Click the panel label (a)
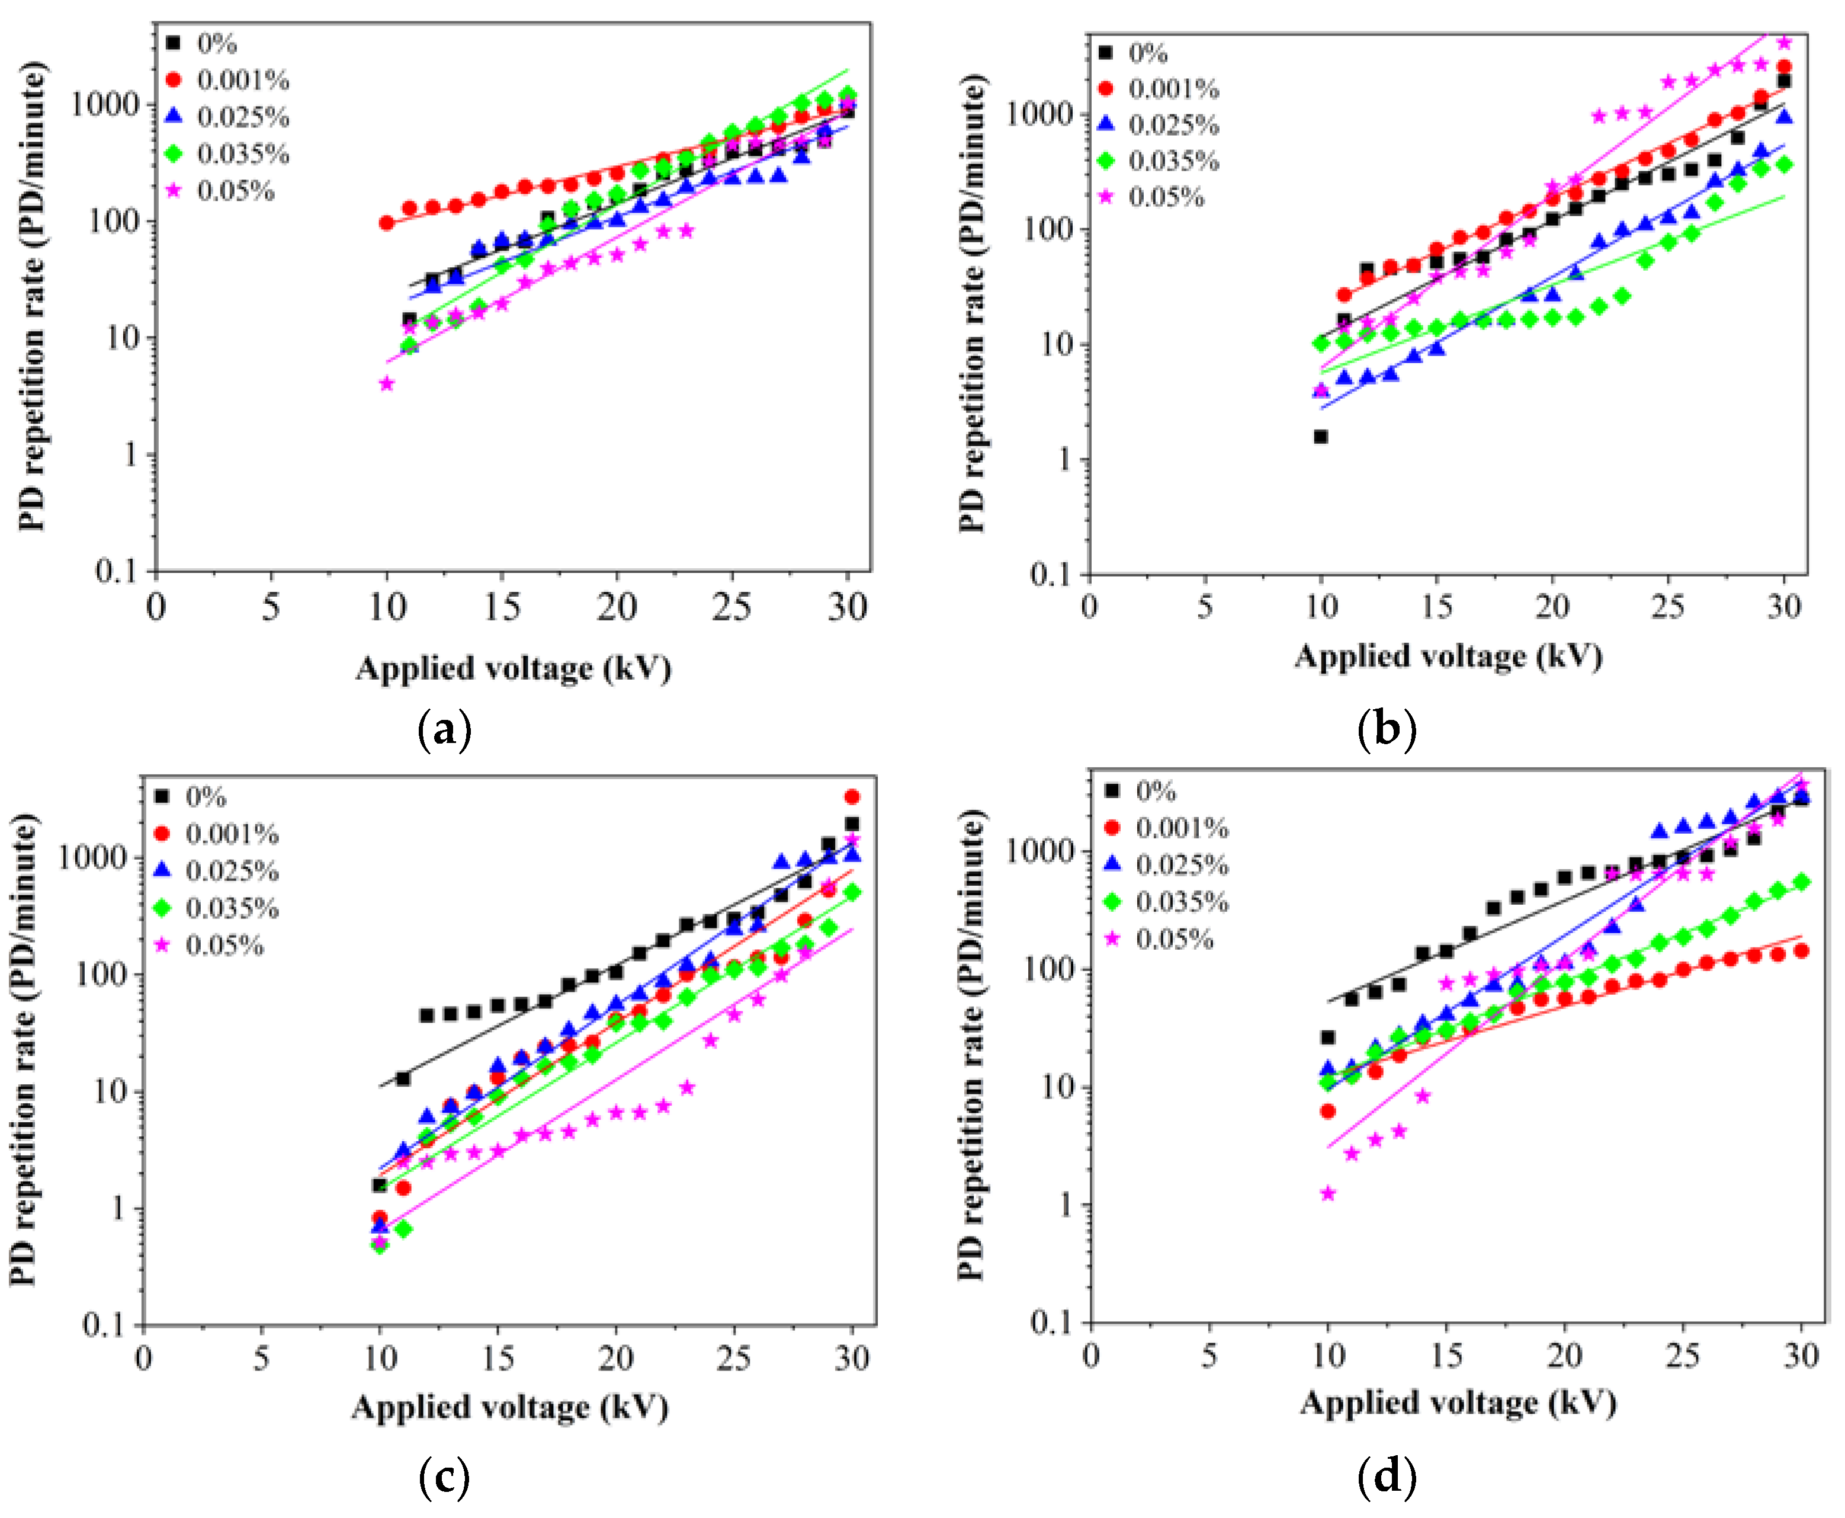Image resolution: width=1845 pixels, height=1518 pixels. tap(445, 728)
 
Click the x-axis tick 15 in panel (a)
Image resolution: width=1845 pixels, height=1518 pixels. tap(502, 607)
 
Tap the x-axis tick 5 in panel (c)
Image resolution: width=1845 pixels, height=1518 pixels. tap(261, 1358)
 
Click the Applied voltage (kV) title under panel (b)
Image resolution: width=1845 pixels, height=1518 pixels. tap(1448, 656)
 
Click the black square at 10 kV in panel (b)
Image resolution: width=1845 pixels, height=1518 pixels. tap(1321, 436)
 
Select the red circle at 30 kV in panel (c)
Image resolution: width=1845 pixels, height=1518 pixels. tap(852, 796)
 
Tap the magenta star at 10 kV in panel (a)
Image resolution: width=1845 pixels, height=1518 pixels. tap(386, 384)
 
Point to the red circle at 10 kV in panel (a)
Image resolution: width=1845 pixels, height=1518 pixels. tap(386, 223)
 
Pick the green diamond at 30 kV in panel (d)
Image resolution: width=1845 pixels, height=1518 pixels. tap(1801, 882)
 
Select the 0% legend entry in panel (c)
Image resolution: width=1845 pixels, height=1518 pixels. tap(206, 796)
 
